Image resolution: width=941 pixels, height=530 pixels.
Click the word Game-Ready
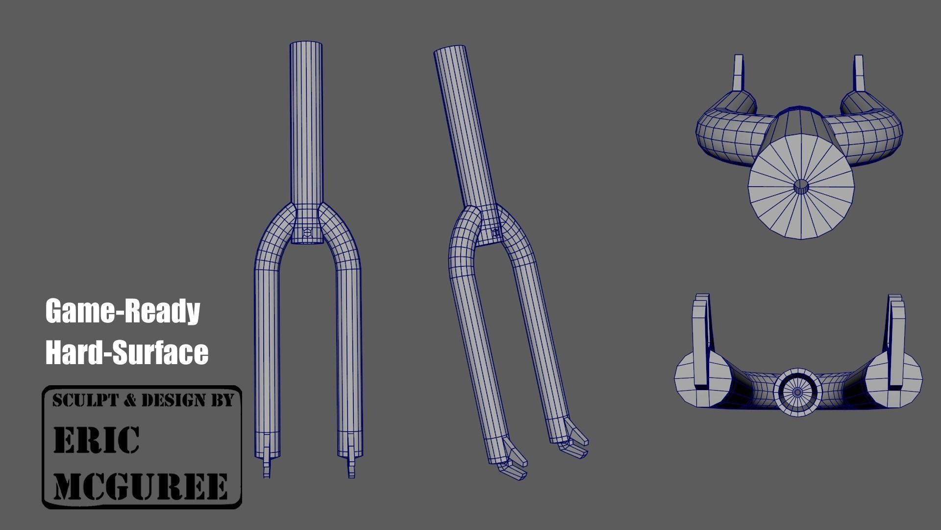[123, 312]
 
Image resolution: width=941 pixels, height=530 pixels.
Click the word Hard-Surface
[126, 352]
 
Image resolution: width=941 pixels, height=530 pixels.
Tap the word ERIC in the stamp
[96, 440]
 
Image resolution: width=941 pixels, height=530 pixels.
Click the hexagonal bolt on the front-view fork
[307, 234]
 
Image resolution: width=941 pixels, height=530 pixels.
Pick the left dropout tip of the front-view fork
[267, 466]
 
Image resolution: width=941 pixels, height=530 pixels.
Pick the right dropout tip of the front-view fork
[351, 466]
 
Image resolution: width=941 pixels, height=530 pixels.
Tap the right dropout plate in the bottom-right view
[895, 339]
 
